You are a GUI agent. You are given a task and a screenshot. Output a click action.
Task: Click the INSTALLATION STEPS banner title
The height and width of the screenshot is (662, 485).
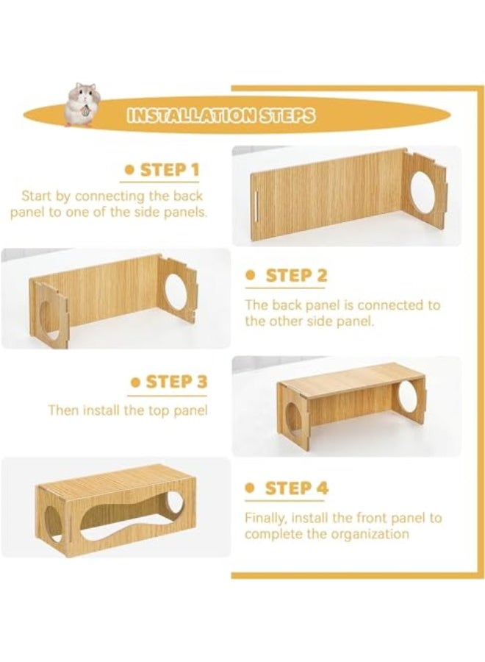(x=221, y=115)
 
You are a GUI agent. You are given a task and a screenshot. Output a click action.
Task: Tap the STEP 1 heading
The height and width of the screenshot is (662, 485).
(x=170, y=170)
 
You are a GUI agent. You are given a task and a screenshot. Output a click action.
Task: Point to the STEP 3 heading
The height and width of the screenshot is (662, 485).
(x=177, y=382)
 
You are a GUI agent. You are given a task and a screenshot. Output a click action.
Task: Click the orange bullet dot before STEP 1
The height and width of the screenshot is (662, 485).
(x=129, y=170)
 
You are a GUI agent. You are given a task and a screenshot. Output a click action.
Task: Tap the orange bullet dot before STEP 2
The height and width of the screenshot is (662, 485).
(x=251, y=276)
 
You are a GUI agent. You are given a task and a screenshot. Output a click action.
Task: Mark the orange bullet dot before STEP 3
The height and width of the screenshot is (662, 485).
(x=135, y=382)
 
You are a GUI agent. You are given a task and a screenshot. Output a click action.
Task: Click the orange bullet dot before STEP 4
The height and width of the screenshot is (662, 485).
(x=251, y=488)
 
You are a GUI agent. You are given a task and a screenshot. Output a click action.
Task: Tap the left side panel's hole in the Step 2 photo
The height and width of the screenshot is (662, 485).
(x=46, y=317)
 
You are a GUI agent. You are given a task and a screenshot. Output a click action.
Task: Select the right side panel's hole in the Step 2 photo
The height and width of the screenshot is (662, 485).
(x=176, y=291)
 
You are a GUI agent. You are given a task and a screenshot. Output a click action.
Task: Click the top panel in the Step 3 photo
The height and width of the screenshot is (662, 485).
(x=352, y=377)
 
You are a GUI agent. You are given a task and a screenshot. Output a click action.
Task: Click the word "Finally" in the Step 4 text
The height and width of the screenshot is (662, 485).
(x=262, y=518)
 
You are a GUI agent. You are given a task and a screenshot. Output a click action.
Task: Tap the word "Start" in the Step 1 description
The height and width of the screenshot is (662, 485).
(x=37, y=196)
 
